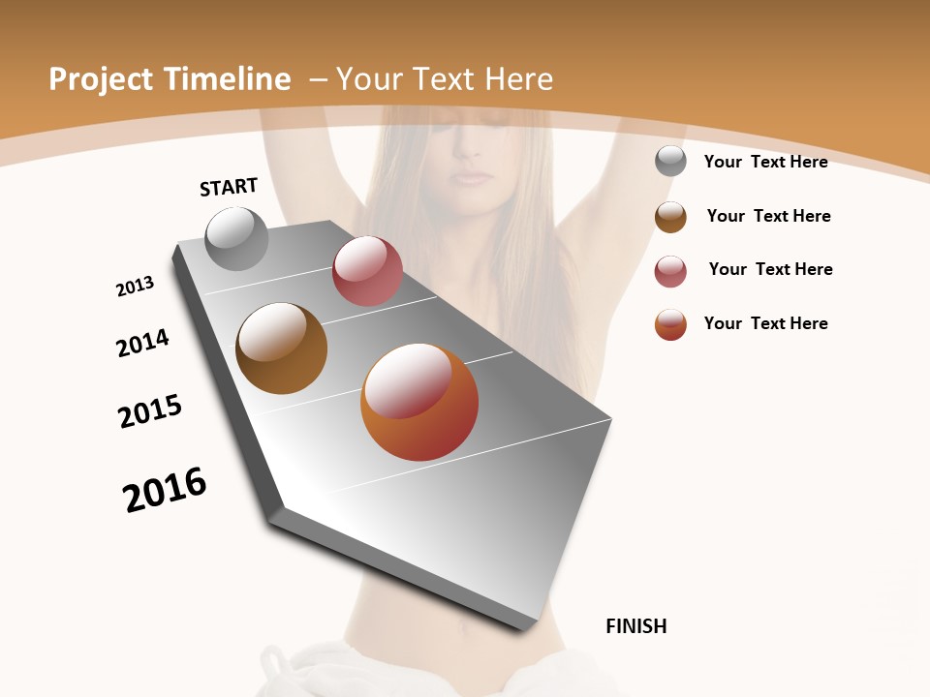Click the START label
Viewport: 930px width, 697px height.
point(229,187)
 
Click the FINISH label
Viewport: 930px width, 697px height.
point(635,626)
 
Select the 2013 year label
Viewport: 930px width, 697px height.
point(135,287)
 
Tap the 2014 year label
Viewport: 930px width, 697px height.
point(142,344)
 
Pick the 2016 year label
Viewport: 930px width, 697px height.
point(165,490)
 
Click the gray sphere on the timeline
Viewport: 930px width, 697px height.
point(237,239)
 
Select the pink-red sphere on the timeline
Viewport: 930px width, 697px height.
point(367,271)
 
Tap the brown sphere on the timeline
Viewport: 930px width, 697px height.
point(281,348)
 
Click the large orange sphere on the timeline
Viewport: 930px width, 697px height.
point(419,402)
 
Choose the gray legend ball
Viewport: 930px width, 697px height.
point(670,161)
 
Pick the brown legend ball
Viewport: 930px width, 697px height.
point(670,217)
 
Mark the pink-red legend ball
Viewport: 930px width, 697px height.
point(670,271)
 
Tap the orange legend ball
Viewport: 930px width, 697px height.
point(670,324)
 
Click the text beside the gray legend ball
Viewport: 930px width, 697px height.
point(765,162)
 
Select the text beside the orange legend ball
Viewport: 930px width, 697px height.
point(765,323)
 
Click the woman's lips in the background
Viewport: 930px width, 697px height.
point(475,177)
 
